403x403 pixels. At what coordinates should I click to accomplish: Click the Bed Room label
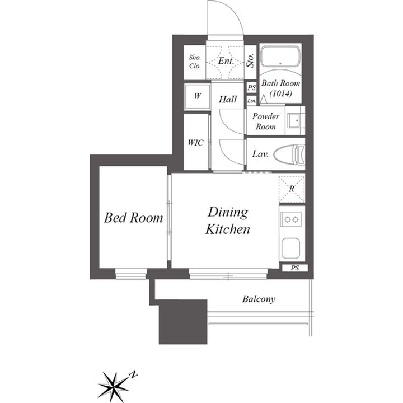(133, 218)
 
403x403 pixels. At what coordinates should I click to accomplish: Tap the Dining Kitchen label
(228, 221)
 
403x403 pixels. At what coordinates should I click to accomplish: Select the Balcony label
(259, 299)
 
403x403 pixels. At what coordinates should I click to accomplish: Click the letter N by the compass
(134, 374)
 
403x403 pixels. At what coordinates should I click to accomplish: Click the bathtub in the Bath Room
(280, 57)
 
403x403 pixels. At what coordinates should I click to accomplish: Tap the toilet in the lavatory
(289, 154)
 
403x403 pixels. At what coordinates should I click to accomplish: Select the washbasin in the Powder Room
(294, 120)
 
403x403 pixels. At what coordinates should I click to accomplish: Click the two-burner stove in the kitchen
(291, 219)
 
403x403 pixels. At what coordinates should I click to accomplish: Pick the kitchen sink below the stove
(290, 249)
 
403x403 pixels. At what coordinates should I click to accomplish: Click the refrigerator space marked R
(292, 189)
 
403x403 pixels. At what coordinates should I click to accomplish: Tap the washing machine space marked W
(198, 96)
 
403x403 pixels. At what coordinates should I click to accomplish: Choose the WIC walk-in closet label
(195, 143)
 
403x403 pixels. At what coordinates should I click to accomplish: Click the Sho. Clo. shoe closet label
(195, 62)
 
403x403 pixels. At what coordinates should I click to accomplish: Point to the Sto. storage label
(250, 60)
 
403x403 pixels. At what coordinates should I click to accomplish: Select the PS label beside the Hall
(252, 88)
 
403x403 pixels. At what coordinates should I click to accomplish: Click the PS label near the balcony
(295, 268)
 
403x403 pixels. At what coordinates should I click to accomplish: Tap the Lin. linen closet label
(252, 101)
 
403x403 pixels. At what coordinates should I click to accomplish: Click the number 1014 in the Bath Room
(281, 93)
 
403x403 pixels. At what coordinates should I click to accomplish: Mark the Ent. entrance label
(226, 61)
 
